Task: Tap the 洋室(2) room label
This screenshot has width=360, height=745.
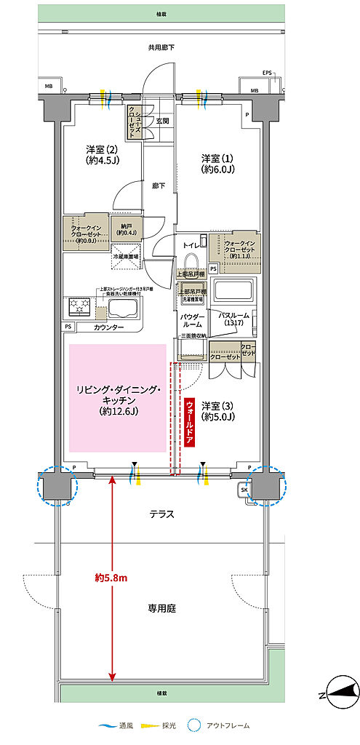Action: click(x=102, y=154)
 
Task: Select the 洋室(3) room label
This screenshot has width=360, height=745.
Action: click(x=217, y=411)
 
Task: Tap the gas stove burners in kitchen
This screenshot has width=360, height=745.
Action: click(x=79, y=307)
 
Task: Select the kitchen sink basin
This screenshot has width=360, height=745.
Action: click(x=121, y=309)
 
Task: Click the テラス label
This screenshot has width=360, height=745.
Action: click(x=161, y=514)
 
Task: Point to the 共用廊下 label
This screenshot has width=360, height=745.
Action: click(x=161, y=48)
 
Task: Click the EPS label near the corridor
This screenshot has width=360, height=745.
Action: click(x=268, y=73)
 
